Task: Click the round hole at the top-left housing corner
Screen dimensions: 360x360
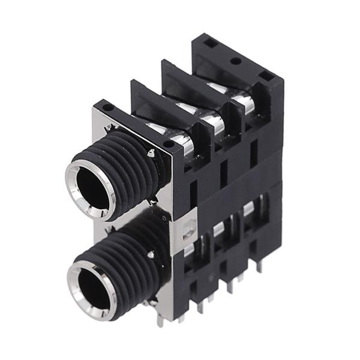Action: pos(108,107)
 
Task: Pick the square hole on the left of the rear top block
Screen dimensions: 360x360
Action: pos(209,44)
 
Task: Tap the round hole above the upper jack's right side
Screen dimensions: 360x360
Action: pos(169,143)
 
